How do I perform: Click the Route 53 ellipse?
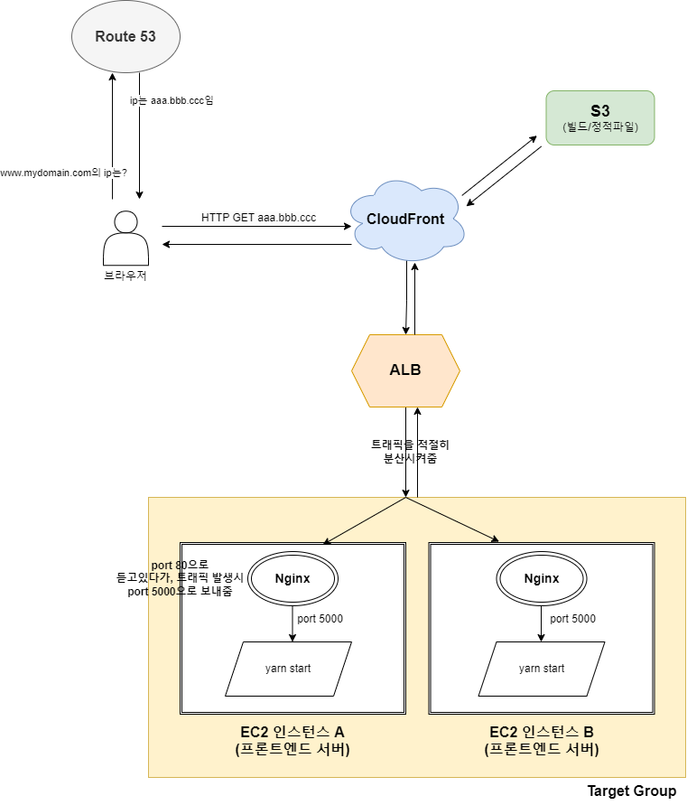[x=125, y=37]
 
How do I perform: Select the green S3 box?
[x=599, y=117]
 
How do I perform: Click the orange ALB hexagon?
[x=405, y=370]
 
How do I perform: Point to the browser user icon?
[x=125, y=238]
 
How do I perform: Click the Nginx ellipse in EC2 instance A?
[x=293, y=579]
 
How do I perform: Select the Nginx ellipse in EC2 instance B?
[x=541, y=579]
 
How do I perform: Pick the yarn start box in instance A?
[x=288, y=669]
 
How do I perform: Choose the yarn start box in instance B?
[x=542, y=669]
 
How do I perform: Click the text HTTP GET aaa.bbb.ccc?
[x=258, y=219]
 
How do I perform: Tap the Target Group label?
[x=631, y=791]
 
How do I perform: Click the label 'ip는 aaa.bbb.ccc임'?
[x=172, y=100]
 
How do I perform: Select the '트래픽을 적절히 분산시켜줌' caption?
[x=410, y=451]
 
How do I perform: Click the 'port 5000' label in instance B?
[x=572, y=619]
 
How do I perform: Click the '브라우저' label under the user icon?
[x=125, y=276]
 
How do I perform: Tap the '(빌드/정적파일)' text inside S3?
[x=599, y=127]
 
